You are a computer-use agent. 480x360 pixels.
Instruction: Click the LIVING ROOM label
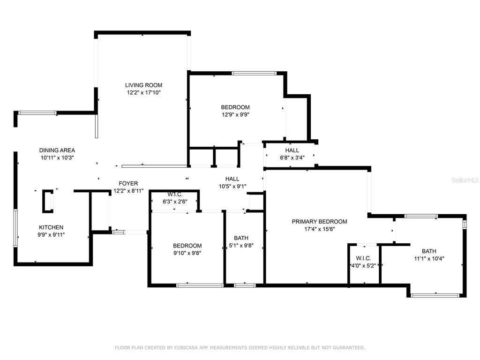[143, 85]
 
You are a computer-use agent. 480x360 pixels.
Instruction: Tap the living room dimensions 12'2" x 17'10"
[143, 92]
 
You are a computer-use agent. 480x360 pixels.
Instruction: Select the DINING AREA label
[57, 150]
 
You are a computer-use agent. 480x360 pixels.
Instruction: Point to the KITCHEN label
[51, 227]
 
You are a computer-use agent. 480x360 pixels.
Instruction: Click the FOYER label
[128, 183]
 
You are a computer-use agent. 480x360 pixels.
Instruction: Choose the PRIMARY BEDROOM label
[319, 222]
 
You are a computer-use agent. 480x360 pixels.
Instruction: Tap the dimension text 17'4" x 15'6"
[319, 229]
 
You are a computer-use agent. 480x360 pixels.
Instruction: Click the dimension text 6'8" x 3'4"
[292, 157]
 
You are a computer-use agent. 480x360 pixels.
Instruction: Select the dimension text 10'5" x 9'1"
[232, 186]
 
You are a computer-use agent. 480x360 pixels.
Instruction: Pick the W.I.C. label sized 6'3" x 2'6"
[175, 195]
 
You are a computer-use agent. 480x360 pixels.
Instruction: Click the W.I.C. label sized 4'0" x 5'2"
[363, 258]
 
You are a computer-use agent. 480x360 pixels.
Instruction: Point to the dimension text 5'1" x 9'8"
[241, 245]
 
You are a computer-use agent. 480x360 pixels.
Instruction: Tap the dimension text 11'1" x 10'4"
[429, 258]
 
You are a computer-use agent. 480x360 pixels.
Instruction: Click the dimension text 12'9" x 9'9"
[235, 115]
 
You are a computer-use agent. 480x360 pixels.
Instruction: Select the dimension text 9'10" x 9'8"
[187, 253]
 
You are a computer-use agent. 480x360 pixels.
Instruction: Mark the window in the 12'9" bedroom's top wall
[254, 73]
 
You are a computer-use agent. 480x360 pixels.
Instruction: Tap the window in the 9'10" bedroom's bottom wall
[200, 285]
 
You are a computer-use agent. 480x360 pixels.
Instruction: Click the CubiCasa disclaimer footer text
[240, 347]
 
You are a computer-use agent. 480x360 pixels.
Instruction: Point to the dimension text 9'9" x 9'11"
[51, 235]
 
